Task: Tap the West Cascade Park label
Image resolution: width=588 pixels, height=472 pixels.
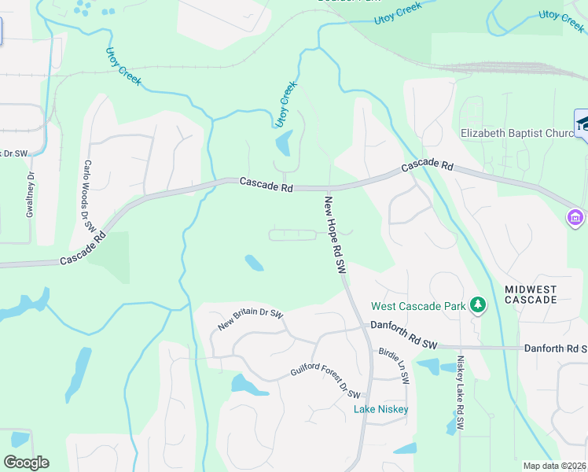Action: pos(418,305)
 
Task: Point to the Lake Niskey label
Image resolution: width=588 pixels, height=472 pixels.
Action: pos(381,409)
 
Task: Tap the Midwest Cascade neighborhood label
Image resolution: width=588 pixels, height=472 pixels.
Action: pos(531,293)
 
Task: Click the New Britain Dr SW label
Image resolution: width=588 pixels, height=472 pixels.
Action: pos(250,320)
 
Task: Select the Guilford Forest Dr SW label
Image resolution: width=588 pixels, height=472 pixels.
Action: pos(325,382)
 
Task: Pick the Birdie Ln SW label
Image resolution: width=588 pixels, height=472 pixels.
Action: pos(395,365)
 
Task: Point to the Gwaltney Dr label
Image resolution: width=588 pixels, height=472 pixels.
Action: pos(31,194)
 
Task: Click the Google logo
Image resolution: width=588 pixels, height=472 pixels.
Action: pos(26,462)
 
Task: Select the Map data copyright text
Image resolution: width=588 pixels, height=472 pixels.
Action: pos(554,466)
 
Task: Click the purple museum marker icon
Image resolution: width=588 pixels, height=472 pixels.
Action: pos(575,216)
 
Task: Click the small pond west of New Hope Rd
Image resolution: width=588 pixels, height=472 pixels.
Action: pos(254,263)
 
